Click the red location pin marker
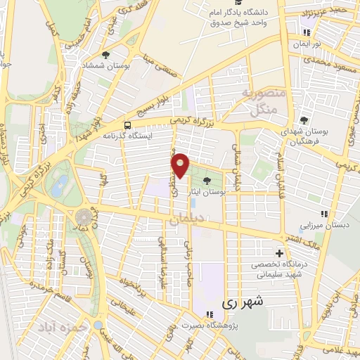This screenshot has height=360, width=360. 181,165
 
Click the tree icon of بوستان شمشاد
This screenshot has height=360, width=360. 106,54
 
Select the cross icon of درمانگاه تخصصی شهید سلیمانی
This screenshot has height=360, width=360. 280,253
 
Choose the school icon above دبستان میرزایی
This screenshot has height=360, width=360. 323,214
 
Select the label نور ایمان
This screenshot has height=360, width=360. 307,44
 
